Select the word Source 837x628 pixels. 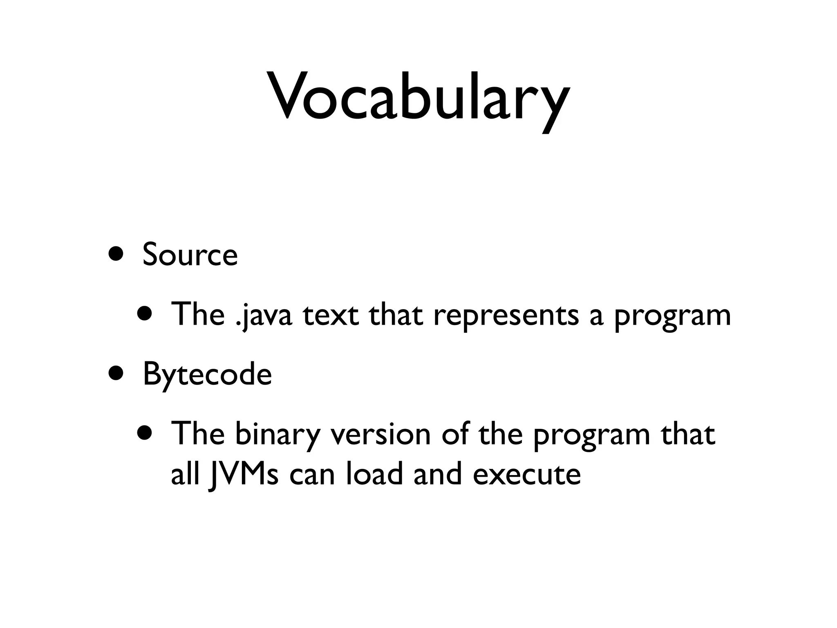point(190,254)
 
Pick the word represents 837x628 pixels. point(506,315)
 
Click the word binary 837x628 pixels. point(278,434)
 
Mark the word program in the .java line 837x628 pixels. point(672,316)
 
